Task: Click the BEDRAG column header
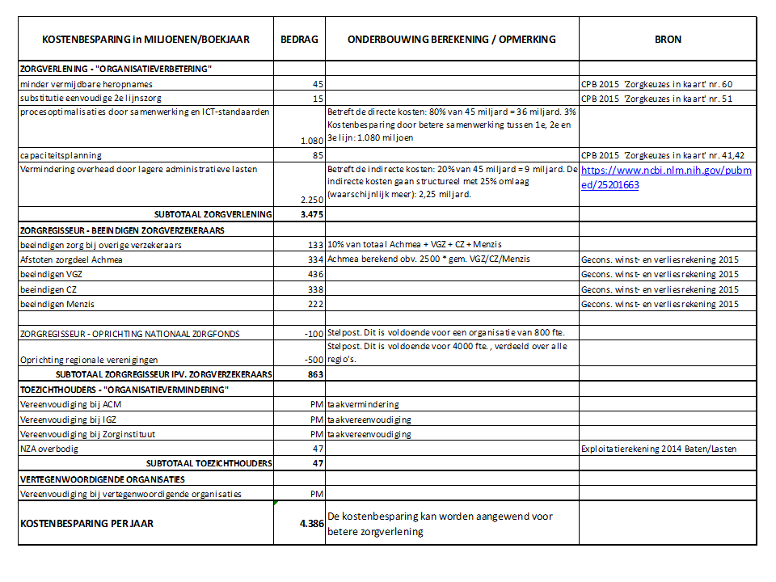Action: pyautogui.click(x=299, y=39)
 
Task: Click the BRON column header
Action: pyautogui.click(x=668, y=39)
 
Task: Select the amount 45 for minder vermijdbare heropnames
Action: pyautogui.click(x=318, y=84)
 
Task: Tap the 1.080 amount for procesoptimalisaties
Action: pyautogui.click(x=311, y=140)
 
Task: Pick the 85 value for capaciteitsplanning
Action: pyautogui.click(x=318, y=154)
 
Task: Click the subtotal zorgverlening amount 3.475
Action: pyautogui.click(x=311, y=214)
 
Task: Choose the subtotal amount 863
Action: pyautogui.click(x=314, y=374)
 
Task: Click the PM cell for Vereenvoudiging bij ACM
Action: pyautogui.click(x=317, y=404)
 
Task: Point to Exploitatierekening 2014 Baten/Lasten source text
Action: pyautogui.click(x=659, y=448)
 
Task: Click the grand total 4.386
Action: pyautogui.click(x=311, y=523)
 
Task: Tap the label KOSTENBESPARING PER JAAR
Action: pyautogui.click(x=86, y=523)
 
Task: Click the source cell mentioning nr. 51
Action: pyautogui.click(x=656, y=99)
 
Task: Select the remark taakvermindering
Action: pyautogui.click(x=363, y=404)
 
